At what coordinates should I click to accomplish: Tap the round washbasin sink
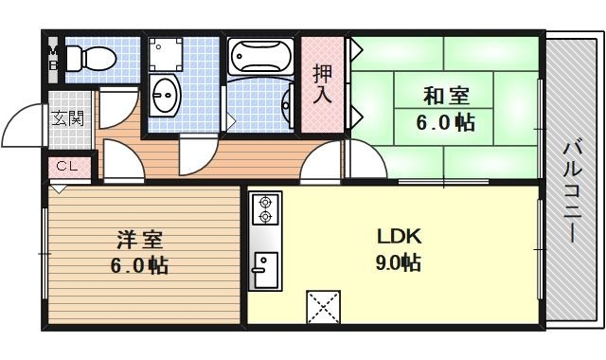[165, 94]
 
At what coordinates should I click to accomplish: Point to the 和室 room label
[445, 96]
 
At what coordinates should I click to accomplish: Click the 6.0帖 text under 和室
[445, 122]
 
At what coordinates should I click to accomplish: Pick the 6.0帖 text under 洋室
[136, 266]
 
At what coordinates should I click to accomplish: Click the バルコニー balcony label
[572, 189]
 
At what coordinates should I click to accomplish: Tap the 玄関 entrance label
[66, 118]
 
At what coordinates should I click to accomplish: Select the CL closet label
[66, 166]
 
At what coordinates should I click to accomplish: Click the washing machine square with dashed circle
[167, 56]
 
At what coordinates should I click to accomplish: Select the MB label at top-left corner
[53, 58]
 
